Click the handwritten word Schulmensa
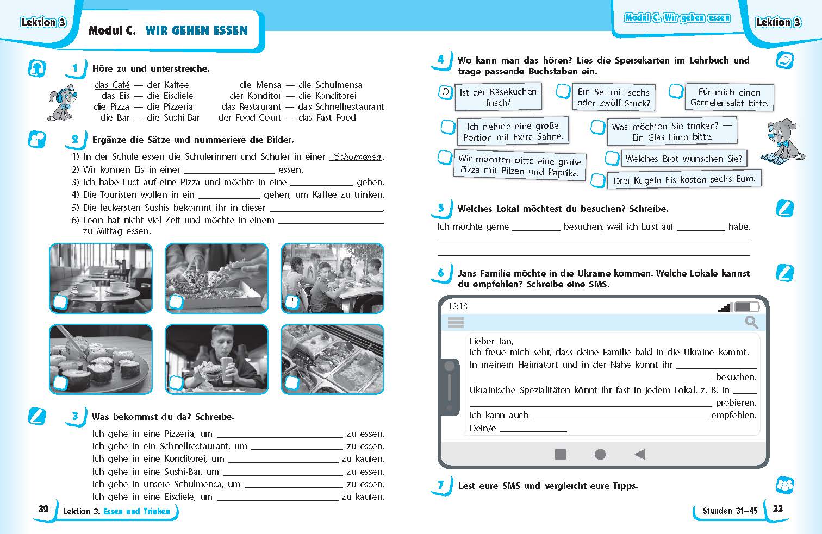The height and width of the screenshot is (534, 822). tap(357, 157)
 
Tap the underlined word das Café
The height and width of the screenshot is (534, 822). tap(112, 85)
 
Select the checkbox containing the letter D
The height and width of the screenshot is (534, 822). tap(445, 92)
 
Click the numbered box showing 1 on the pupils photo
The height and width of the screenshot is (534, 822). tap(292, 302)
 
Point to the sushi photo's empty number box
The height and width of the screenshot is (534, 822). tap(60, 383)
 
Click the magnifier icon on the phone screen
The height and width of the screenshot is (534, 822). tap(751, 322)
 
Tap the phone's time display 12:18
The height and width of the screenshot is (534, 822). tap(458, 306)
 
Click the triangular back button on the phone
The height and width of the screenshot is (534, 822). tap(640, 454)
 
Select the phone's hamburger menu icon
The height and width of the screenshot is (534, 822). tap(456, 323)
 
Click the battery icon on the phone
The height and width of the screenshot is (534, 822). tap(746, 307)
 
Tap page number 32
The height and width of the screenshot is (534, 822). tap(43, 509)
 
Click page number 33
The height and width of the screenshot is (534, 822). tap(778, 509)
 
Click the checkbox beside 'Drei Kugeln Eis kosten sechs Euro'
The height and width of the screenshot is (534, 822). tap(599, 180)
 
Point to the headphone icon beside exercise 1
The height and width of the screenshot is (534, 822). tap(37, 68)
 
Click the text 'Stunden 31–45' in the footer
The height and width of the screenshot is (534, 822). tap(730, 511)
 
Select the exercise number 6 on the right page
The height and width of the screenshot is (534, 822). tap(441, 273)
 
